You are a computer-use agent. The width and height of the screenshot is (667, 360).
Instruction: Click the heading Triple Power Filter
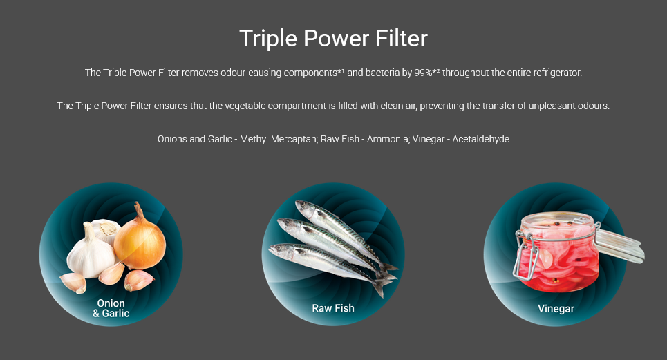point(333,39)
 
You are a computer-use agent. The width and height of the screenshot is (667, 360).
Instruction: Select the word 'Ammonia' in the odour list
point(387,139)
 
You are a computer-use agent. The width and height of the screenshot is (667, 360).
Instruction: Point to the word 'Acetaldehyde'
point(480,139)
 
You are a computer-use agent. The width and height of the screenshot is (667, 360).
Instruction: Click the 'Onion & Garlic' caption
point(111,308)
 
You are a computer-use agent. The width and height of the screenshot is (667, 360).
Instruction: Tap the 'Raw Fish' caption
point(333,308)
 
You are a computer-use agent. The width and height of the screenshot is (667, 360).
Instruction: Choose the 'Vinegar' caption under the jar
point(556,309)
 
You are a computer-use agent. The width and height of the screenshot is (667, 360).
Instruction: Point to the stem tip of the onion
point(137,204)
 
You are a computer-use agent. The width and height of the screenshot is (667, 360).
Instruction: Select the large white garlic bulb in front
point(91,253)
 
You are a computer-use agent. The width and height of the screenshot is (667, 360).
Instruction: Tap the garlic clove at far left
point(73,282)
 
